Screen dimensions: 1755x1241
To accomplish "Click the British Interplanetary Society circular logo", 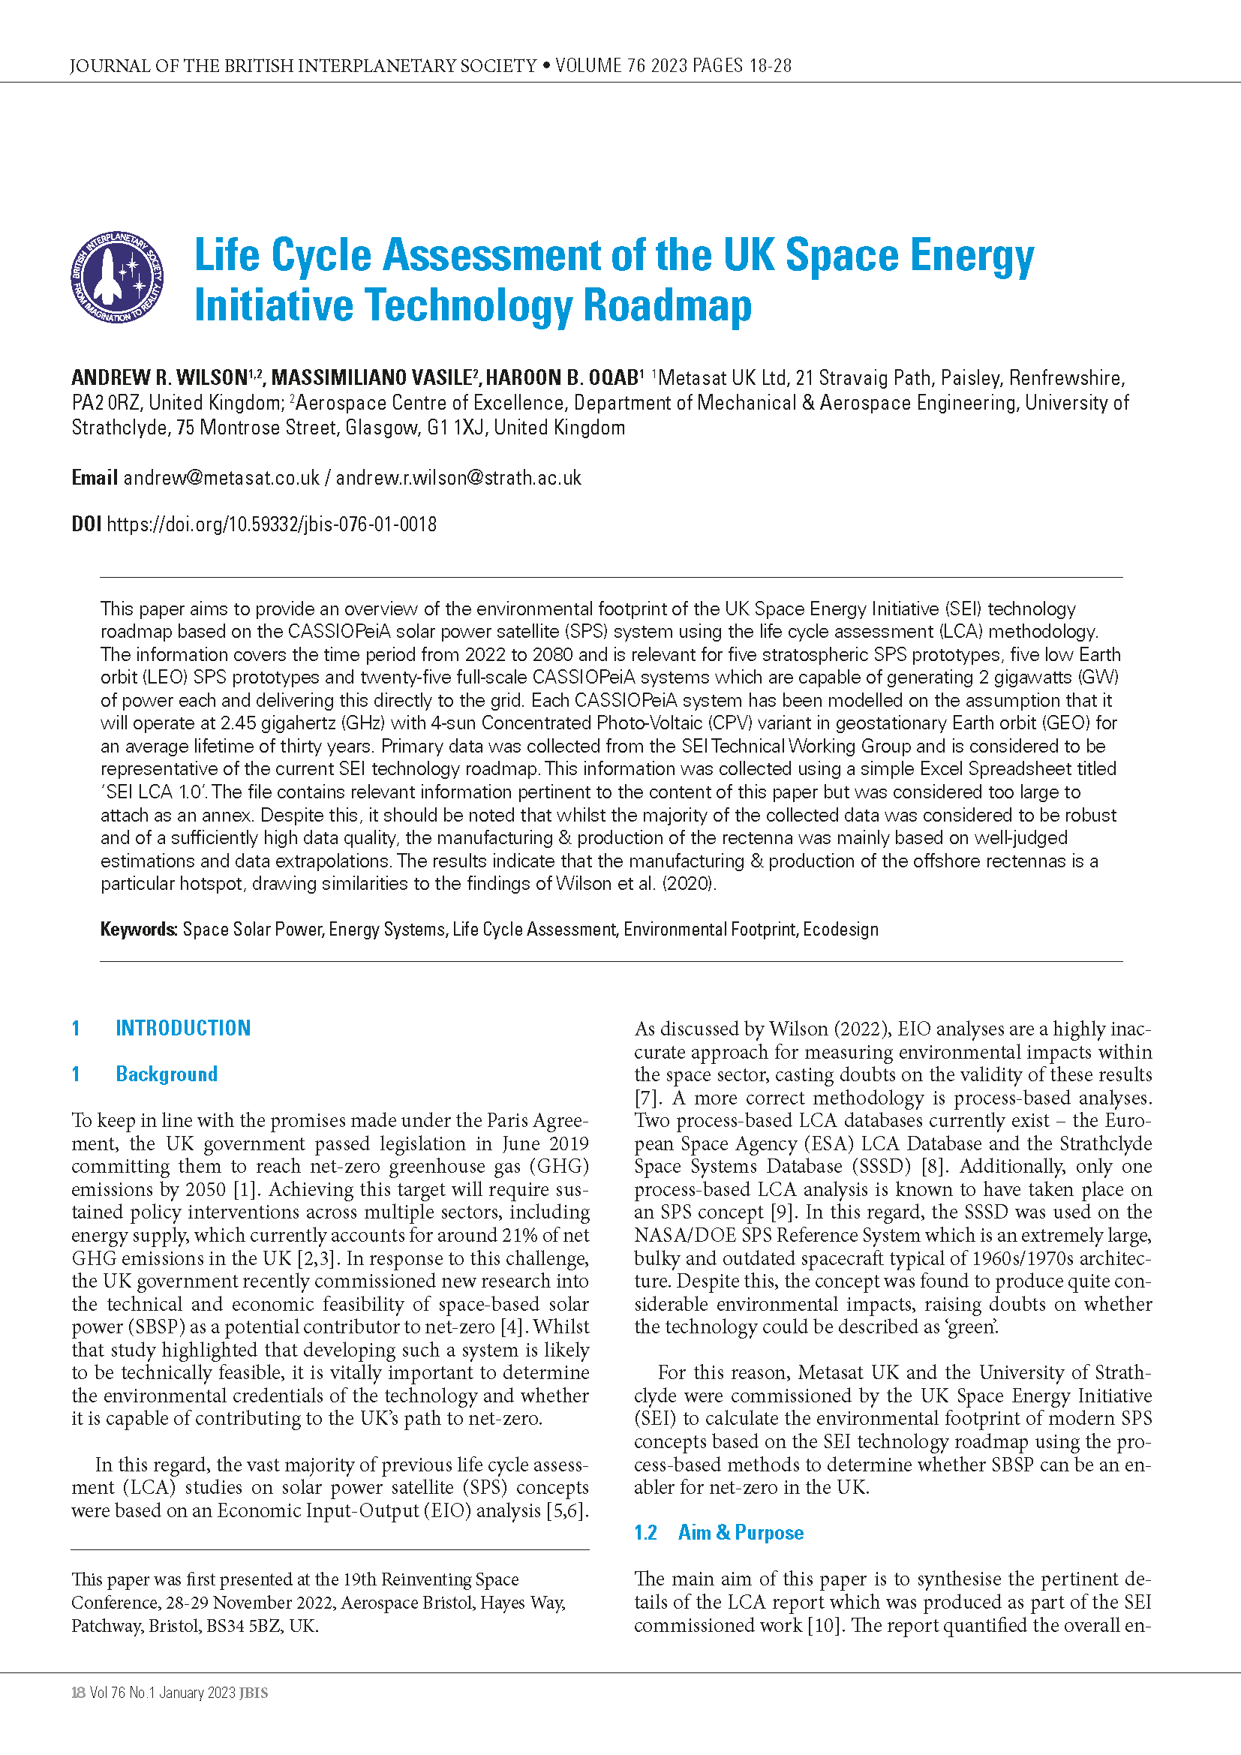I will click(117, 278).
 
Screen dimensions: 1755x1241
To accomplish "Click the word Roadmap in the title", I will click(667, 305).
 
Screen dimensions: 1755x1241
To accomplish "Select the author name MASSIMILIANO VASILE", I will click(372, 377).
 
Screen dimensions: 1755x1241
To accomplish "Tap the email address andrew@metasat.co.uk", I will click(221, 478).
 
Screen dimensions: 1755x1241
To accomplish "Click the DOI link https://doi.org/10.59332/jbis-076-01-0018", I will click(272, 524).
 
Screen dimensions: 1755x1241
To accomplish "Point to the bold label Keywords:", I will click(139, 929).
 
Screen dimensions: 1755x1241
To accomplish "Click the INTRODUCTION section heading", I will click(182, 1028).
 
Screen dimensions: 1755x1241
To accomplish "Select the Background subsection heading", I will click(167, 1074).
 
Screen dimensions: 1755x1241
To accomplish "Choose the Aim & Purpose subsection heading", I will click(741, 1533).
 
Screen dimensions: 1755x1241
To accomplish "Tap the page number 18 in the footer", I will click(78, 1693).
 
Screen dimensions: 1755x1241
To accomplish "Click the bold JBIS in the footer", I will click(254, 1693).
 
